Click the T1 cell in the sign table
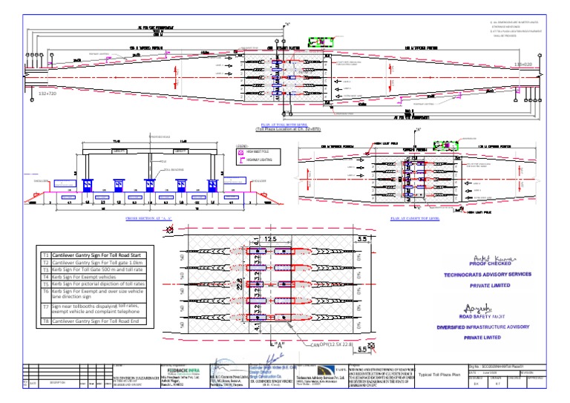pos(45,255)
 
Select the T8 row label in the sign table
pos(45,321)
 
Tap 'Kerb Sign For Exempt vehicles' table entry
pos(89,276)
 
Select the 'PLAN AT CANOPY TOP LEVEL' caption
pos(414,220)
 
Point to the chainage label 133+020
pos(524,65)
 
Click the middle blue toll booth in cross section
pos(149,186)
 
